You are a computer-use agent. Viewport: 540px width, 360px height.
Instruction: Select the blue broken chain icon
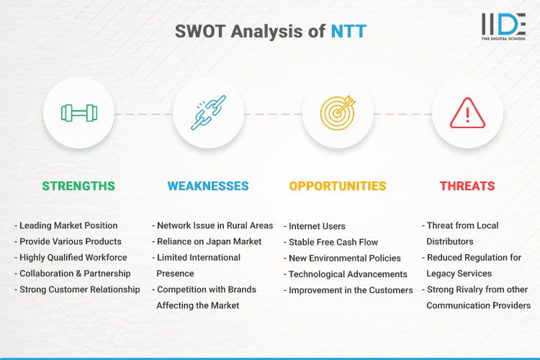(x=207, y=113)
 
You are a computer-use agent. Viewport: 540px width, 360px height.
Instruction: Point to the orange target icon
(x=338, y=113)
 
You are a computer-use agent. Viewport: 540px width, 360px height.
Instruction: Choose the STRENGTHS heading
(x=78, y=186)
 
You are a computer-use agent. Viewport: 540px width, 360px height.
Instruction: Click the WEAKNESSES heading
(x=207, y=186)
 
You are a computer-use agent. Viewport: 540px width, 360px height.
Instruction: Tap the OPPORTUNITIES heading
(x=338, y=186)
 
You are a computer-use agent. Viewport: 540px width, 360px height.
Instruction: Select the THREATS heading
(x=467, y=186)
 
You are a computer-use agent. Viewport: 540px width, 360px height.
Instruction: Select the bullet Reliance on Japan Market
(x=209, y=241)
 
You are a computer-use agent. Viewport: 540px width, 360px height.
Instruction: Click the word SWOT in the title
(x=199, y=32)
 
